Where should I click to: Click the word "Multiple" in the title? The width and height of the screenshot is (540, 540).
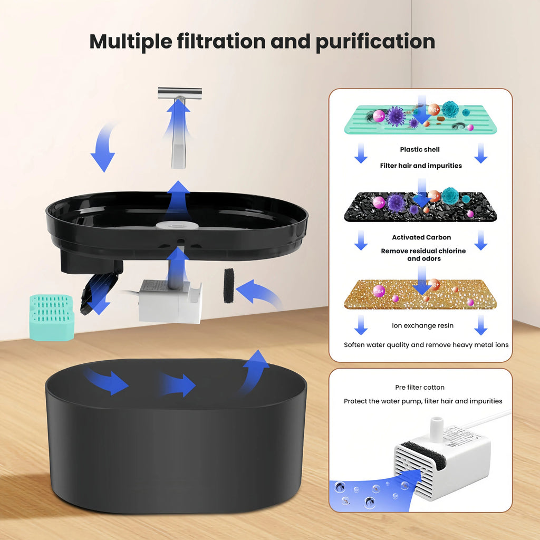coord(131,42)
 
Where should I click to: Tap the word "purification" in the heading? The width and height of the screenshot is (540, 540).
coord(375,42)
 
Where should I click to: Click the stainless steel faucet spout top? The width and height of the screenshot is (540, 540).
coord(180,94)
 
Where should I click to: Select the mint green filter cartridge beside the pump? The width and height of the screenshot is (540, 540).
coord(52,317)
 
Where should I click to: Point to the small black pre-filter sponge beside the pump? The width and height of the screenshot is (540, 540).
coord(229,285)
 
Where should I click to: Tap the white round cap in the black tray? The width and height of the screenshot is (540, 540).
coord(177,225)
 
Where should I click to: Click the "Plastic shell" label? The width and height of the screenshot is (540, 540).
coord(420,149)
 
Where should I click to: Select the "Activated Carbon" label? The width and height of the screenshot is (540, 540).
coord(421,237)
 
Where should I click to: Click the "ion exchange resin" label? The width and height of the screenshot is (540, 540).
coord(422,325)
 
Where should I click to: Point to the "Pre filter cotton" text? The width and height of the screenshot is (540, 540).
coord(420,387)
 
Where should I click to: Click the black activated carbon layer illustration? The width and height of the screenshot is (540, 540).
coord(420,207)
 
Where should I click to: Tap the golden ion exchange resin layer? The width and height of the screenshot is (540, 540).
coord(420,294)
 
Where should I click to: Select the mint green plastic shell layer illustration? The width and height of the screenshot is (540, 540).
coord(420,120)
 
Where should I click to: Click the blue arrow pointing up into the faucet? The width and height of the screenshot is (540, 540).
coord(178,117)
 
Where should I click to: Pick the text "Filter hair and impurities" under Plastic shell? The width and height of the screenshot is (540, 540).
coord(421,166)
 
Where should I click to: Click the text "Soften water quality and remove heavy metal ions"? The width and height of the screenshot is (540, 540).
coord(426,345)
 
